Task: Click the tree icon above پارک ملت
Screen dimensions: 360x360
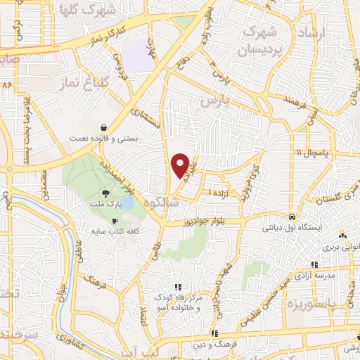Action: (x=105, y=193)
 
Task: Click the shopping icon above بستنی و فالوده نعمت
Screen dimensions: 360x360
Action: (x=103, y=128)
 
